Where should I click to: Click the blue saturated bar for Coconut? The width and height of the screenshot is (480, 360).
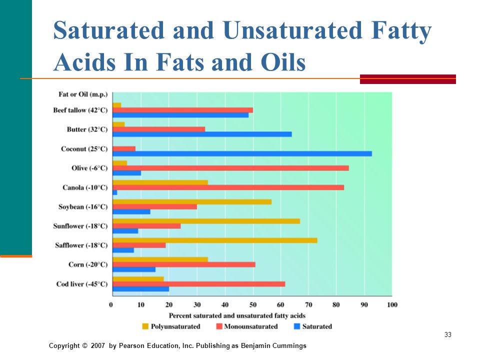[x=242, y=153]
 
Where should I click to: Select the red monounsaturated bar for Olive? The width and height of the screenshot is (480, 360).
[x=231, y=168]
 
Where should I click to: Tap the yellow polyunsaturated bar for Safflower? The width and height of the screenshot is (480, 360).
[x=215, y=240]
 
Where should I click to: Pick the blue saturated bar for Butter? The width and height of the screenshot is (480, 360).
[x=202, y=134]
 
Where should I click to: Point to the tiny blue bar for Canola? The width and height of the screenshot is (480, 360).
[x=115, y=192]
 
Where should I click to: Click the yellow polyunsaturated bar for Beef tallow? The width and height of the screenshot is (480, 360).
[x=117, y=105]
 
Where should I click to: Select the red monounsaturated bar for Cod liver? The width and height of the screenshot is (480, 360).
[x=199, y=284]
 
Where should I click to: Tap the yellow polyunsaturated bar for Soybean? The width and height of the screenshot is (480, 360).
[x=192, y=201]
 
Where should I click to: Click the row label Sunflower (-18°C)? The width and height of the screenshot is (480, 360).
[x=80, y=226]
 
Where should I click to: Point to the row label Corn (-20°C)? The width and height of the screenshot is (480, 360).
[x=88, y=264]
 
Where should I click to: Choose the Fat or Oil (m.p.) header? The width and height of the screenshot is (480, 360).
[x=83, y=94]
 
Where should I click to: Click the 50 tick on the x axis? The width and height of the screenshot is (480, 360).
[x=253, y=304]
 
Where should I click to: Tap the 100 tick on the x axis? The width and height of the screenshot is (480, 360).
[x=392, y=304]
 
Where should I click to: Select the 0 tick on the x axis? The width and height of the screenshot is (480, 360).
[x=111, y=304]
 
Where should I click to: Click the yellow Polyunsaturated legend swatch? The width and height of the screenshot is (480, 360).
[x=145, y=326]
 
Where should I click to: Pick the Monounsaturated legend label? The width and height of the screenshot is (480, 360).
[x=251, y=326]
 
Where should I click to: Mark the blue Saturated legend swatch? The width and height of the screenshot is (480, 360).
[x=296, y=326]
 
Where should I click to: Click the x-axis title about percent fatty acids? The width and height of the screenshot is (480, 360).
[x=237, y=315]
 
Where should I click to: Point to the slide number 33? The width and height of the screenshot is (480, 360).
[x=448, y=334]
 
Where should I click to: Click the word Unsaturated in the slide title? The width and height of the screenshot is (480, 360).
[x=293, y=30]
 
